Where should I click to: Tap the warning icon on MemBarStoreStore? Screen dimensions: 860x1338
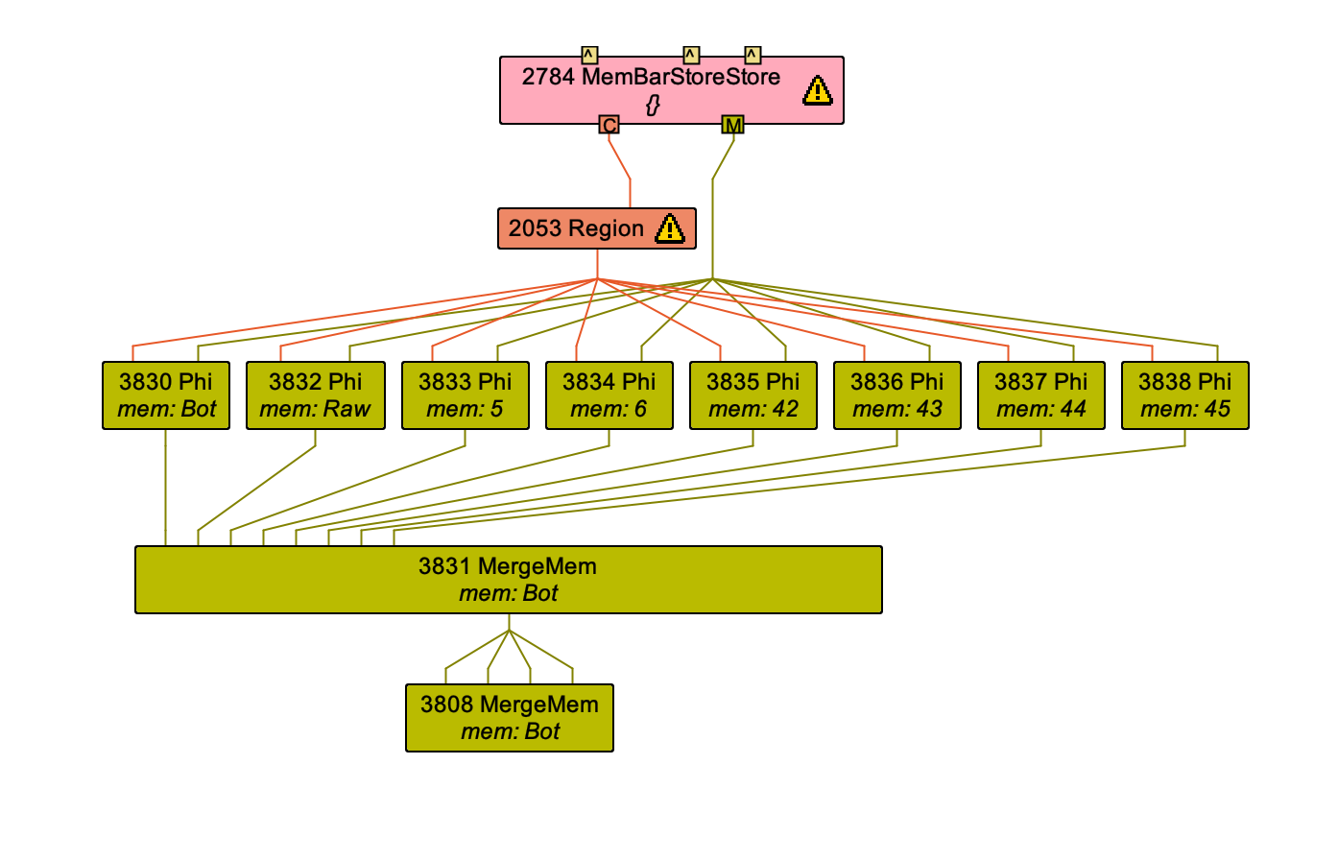[x=817, y=91]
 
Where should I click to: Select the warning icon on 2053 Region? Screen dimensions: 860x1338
[x=669, y=228]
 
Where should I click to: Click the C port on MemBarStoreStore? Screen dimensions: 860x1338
[x=609, y=125]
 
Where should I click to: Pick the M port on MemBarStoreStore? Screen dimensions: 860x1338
[x=732, y=125]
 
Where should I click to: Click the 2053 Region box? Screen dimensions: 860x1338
[x=576, y=228]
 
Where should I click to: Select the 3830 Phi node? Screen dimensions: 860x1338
[x=166, y=395]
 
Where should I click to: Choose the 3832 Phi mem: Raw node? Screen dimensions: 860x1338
[x=316, y=395]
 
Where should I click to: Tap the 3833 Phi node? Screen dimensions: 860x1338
[x=466, y=395]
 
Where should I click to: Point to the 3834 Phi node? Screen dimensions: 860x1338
[x=609, y=395]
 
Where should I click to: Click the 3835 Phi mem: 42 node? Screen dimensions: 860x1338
[x=753, y=395]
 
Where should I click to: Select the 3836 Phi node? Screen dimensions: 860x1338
[x=897, y=395]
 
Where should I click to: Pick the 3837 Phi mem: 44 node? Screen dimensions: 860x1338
[x=1041, y=395]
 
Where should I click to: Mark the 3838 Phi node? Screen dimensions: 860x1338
[x=1185, y=395]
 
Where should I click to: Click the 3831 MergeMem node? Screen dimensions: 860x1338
[x=509, y=580]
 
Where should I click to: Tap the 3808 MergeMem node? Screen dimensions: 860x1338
[x=510, y=718]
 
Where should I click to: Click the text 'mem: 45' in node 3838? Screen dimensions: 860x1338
[x=1185, y=409]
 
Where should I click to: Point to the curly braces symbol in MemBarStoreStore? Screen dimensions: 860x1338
[x=653, y=105]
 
